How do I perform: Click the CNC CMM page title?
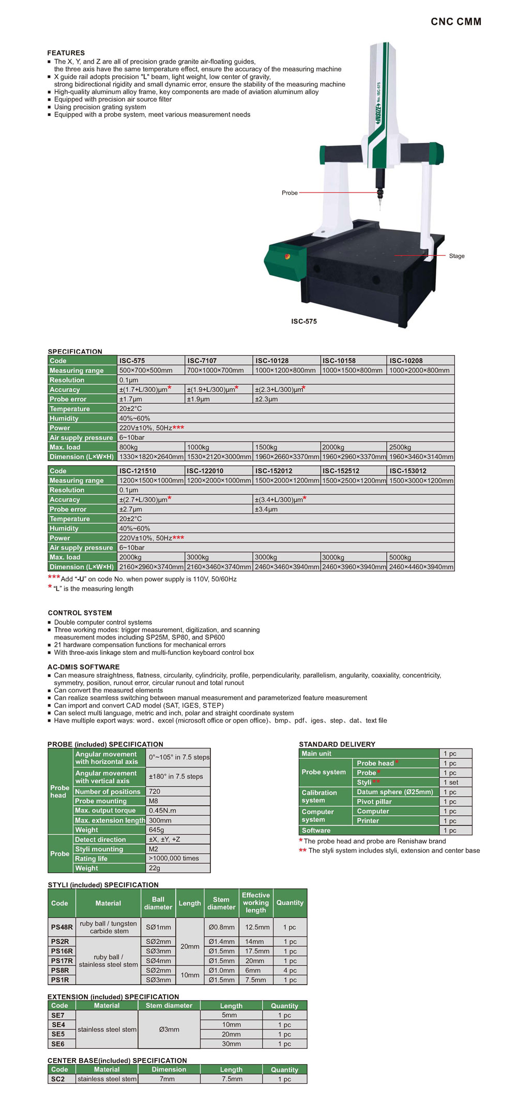[x=456, y=22]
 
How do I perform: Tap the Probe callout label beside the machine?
[x=290, y=193]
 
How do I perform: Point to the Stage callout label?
[x=457, y=256]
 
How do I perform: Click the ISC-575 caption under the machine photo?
[x=304, y=321]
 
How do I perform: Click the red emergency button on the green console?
[x=287, y=256]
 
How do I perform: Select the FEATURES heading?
[x=66, y=53]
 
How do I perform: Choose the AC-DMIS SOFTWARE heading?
[x=83, y=667]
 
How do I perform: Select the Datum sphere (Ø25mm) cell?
[x=395, y=792]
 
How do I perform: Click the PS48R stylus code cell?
[x=62, y=927]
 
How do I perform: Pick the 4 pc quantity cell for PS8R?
[x=290, y=971]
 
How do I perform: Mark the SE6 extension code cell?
[x=58, y=1044]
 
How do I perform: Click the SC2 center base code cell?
[x=58, y=1079]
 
